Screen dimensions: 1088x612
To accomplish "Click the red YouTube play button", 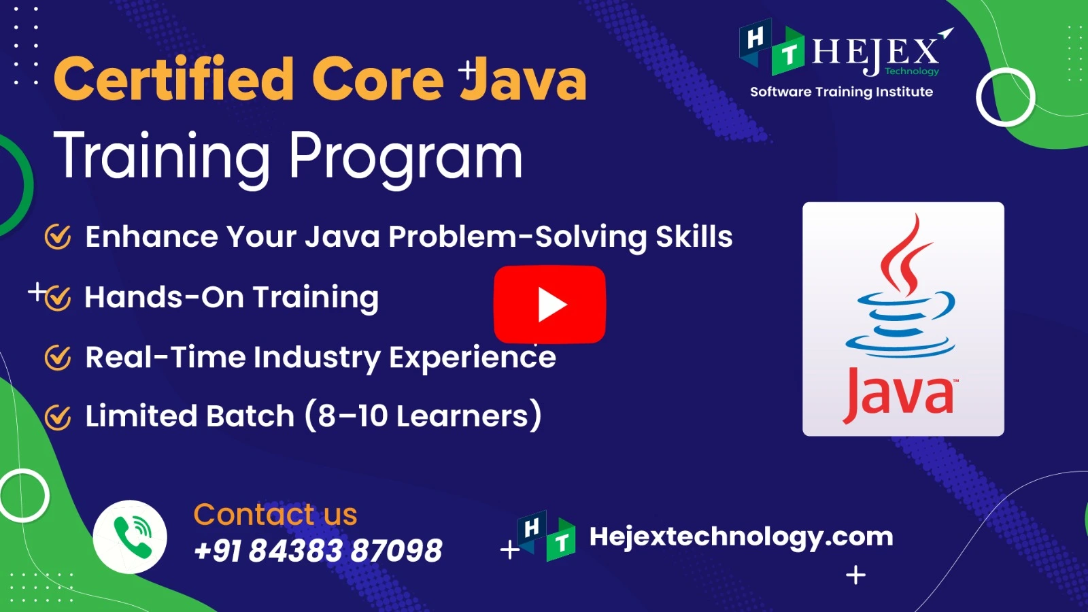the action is (x=549, y=305).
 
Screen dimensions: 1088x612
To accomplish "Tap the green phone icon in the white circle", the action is (x=133, y=537).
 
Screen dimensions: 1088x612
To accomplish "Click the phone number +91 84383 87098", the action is (x=318, y=550).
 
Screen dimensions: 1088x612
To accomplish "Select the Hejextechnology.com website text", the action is (x=741, y=537).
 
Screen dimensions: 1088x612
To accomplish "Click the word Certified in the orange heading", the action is (x=173, y=78).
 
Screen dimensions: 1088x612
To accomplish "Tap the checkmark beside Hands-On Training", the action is (x=58, y=297).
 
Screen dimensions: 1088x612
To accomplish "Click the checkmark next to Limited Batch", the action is (x=58, y=417).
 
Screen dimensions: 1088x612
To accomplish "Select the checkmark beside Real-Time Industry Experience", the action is (x=58, y=358).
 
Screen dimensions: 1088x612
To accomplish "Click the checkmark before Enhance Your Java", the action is (x=58, y=237).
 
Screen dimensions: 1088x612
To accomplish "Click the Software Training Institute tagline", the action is (x=841, y=92).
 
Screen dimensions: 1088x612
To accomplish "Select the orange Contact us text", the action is (x=275, y=514).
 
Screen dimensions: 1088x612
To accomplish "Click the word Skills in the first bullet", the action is (x=694, y=237).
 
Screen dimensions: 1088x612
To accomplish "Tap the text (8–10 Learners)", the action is (x=423, y=415).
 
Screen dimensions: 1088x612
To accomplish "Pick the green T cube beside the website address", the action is (x=562, y=540).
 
